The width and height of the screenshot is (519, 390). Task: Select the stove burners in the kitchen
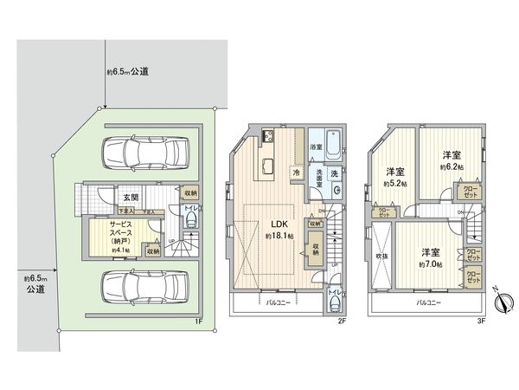click(x=268, y=136)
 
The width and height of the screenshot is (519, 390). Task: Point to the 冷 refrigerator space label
click(x=297, y=172)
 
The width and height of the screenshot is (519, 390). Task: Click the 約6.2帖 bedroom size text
click(x=450, y=166)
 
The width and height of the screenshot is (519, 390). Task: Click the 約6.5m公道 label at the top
click(x=127, y=72)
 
